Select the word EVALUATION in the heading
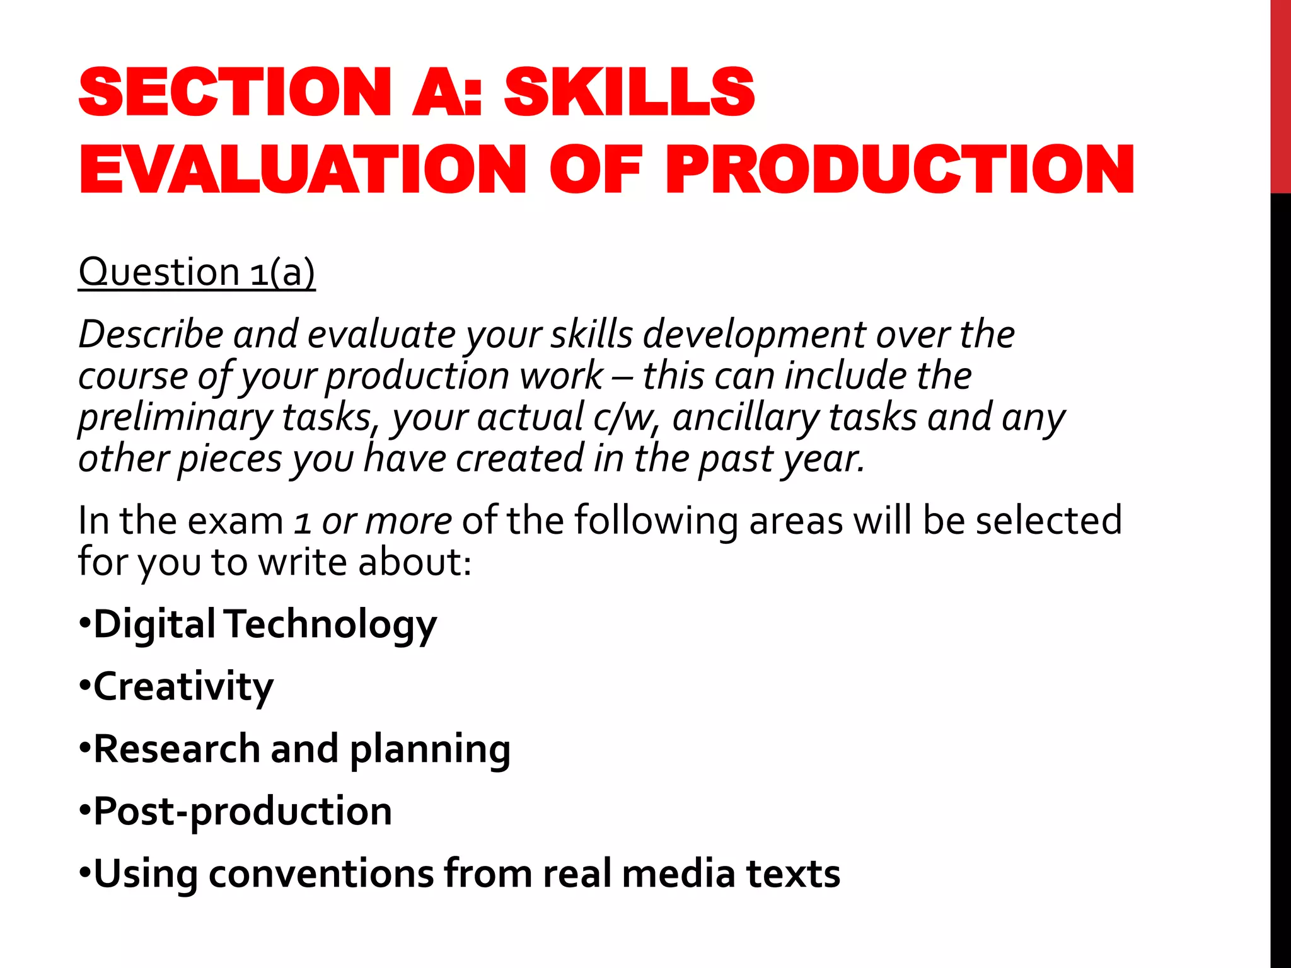pos(303,170)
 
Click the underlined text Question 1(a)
pos(197,272)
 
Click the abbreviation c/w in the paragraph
pos(625,417)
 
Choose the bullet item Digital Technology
pos(265,624)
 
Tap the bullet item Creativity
pos(183,686)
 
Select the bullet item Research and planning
pos(302,749)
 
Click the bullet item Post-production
pos(243,810)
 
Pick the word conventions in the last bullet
pos(321,873)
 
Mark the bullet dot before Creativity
pos(85,686)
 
